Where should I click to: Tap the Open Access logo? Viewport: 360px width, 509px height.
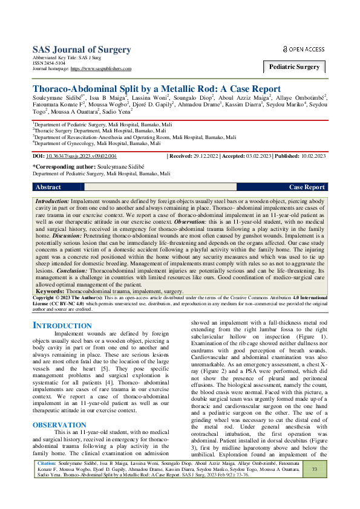(304, 49)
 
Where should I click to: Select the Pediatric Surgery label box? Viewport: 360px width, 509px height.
(295, 67)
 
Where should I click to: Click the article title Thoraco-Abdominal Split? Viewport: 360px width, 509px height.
(156, 88)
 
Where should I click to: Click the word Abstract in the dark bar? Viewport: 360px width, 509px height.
(48, 187)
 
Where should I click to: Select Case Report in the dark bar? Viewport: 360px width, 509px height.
(307, 187)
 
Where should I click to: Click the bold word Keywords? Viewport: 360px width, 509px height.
(53, 291)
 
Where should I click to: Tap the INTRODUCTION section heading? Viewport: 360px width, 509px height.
(62, 326)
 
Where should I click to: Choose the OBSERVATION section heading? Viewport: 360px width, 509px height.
(60, 391)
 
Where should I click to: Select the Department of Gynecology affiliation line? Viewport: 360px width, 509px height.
(98, 144)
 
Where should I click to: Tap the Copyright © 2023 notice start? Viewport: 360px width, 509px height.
(56, 297)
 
